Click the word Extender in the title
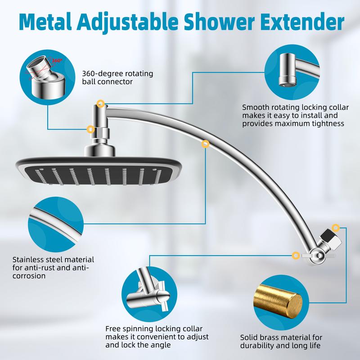[x=302, y=22]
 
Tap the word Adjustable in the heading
[x=127, y=22]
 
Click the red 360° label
[x=57, y=61]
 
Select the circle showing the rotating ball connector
[x=47, y=77]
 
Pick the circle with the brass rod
[x=281, y=302]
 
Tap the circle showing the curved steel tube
[x=56, y=224]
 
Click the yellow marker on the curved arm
[x=206, y=144]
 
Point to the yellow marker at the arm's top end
[x=100, y=103]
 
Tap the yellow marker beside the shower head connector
[x=91, y=130]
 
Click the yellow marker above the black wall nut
[x=336, y=228]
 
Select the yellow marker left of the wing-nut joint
[x=296, y=255]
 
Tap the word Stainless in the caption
[x=28, y=260]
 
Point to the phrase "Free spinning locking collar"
[x=154, y=329]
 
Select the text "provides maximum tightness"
[x=293, y=123]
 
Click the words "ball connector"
[x=108, y=82]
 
